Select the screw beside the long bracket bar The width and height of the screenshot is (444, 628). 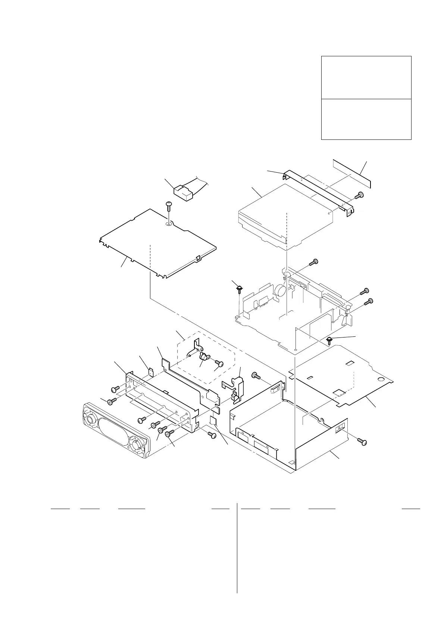tap(360, 195)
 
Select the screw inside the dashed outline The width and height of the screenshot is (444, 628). tap(219, 362)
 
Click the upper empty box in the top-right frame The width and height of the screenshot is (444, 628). tap(366, 78)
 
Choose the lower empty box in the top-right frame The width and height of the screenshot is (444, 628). tap(366, 119)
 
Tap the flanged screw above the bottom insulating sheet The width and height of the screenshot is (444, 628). tap(330, 340)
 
